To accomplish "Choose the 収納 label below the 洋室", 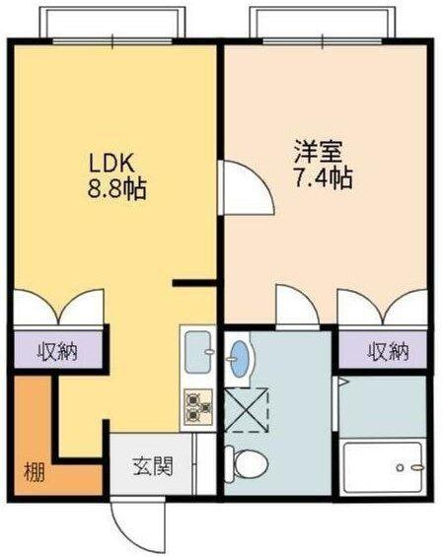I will [388, 350].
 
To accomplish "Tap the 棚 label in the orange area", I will [33, 471].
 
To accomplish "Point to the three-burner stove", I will [197, 406].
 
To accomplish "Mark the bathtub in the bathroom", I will [382, 467].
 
